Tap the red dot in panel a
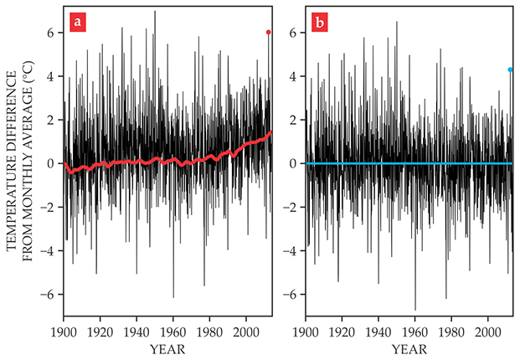(268, 33)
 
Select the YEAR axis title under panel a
(168, 347)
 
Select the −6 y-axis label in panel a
(49, 295)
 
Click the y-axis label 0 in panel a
(52, 164)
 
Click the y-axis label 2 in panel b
(293, 121)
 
